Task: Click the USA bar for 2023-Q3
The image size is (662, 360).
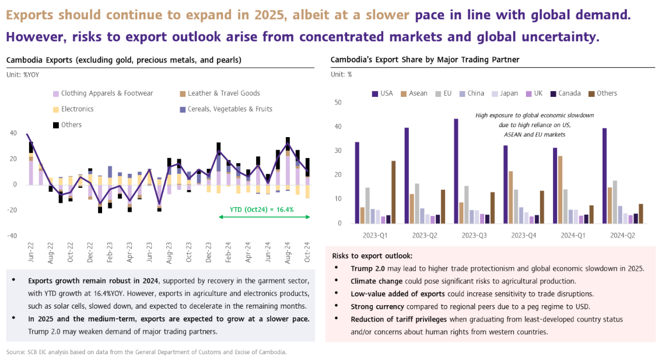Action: (456, 171)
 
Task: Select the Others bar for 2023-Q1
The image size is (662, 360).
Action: (393, 192)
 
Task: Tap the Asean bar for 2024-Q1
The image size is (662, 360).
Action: (560, 190)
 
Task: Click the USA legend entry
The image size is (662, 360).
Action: (383, 93)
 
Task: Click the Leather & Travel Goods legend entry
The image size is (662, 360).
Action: (216, 93)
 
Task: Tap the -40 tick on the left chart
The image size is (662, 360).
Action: (12, 236)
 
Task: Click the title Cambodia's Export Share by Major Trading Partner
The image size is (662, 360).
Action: (425, 60)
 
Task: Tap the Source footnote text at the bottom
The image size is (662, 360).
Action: (146, 352)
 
